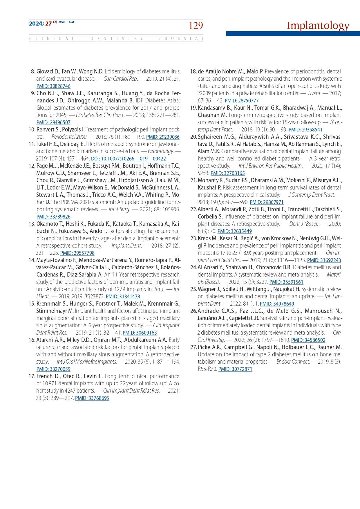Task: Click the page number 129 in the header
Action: pyautogui.click(x=196, y=26)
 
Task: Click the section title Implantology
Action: pyautogui.click(x=318, y=26)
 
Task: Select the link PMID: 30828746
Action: pyautogui.click(x=53, y=86)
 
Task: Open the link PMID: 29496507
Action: pyautogui.click(x=53, y=122)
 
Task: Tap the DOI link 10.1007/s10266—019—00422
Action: pyautogui.click(x=129, y=159)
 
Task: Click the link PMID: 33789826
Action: pyautogui.click(x=53, y=217)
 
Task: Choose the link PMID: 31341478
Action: pyautogui.click(x=123, y=297)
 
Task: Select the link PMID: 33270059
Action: pyautogui.click(x=53, y=369)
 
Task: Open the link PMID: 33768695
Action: pyautogui.click(x=92, y=398)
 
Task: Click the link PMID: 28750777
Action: pyautogui.click(x=242, y=101)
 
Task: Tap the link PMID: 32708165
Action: pyautogui.click(x=228, y=173)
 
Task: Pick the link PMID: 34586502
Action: pyautogui.click(x=308, y=340)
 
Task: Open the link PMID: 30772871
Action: pyautogui.click(x=235, y=369)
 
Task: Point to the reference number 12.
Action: pyautogui.click(x=32, y=166)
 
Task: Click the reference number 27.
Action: pyautogui.click(x=193, y=347)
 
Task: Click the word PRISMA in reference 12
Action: pyautogui.click(x=70, y=202)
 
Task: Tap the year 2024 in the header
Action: pyautogui.click(x=36, y=24)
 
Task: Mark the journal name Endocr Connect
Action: pyautogui.click(x=293, y=362)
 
